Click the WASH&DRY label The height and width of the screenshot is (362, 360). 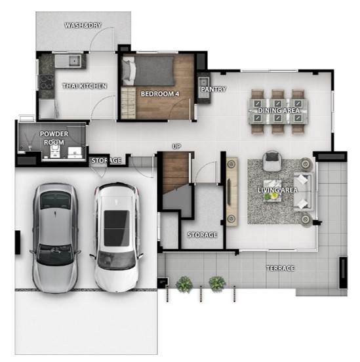[x=83, y=25]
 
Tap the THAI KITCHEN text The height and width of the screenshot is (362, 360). [x=85, y=86]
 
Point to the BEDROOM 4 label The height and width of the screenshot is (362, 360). [x=160, y=94]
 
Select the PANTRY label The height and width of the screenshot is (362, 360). [x=213, y=89]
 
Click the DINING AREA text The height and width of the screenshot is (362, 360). [x=279, y=110]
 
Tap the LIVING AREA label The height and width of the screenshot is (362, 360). [x=277, y=190]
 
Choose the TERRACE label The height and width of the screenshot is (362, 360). [x=281, y=268]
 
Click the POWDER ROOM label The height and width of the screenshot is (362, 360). [x=54, y=138]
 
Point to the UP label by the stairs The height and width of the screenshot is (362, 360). [x=176, y=146]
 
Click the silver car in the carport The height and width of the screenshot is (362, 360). [x=55, y=238]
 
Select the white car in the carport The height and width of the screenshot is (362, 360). [x=117, y=237]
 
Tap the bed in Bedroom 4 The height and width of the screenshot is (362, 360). [x=148, y=71]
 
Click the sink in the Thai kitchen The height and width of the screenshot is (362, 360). [x=74, y=60]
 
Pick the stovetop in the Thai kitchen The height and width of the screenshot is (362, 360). [x=47, y=82]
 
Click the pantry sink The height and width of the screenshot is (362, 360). [x=204, y=82]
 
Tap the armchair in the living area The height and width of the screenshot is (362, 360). [x=272, y=161]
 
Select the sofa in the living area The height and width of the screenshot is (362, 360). [x=304, y=192]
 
